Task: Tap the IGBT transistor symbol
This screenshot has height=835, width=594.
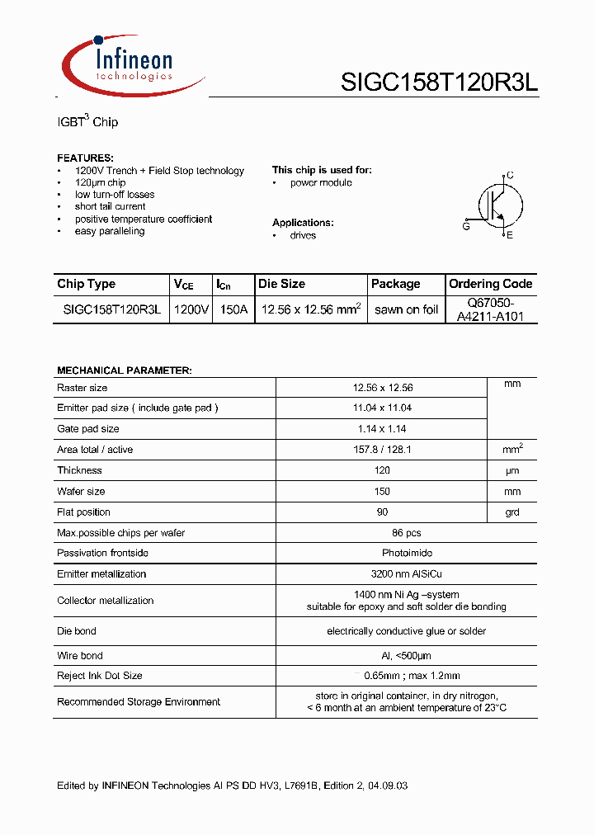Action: pos(497,205)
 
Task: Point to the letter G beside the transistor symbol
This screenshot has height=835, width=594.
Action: pos(466,226)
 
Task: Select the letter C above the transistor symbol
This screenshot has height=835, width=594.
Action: pos(510,175)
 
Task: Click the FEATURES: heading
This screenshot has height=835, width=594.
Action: pos(85,158)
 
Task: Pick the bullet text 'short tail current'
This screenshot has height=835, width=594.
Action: pos(110,206)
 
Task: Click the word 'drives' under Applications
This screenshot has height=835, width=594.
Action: pos(303,235)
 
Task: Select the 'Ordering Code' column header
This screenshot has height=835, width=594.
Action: pos(490,284)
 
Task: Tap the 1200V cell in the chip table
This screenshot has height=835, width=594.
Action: pos(191,310)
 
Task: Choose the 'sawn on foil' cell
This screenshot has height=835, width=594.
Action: pos(406,310)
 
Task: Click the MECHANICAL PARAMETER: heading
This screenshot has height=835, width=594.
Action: pos(124,370)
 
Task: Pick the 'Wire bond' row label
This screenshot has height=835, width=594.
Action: pos(80,656)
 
